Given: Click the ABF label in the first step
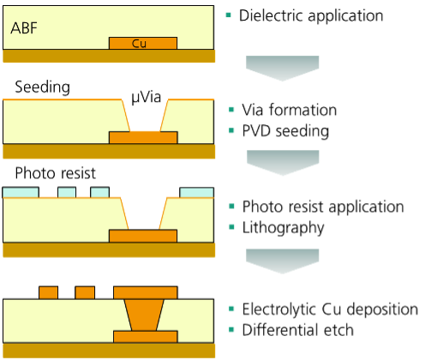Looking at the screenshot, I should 24,28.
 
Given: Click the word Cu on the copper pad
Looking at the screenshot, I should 139,43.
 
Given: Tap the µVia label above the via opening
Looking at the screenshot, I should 145,98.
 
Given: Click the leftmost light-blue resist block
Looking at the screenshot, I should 21,192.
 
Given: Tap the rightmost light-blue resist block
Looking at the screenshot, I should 197,192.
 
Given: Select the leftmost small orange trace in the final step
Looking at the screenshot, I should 48,292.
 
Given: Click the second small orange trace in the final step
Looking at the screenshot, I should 85,292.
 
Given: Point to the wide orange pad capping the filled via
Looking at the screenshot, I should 145,292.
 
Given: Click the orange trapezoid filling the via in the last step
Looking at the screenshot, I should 145,315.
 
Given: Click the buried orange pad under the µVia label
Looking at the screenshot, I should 143,138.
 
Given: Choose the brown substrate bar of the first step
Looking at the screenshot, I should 109,56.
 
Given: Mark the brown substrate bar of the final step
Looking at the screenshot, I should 109,350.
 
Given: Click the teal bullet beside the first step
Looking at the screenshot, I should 229,15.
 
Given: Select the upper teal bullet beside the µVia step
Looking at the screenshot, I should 231,110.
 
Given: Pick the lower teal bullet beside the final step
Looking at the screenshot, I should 231,329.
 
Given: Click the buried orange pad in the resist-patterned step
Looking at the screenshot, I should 143,236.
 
